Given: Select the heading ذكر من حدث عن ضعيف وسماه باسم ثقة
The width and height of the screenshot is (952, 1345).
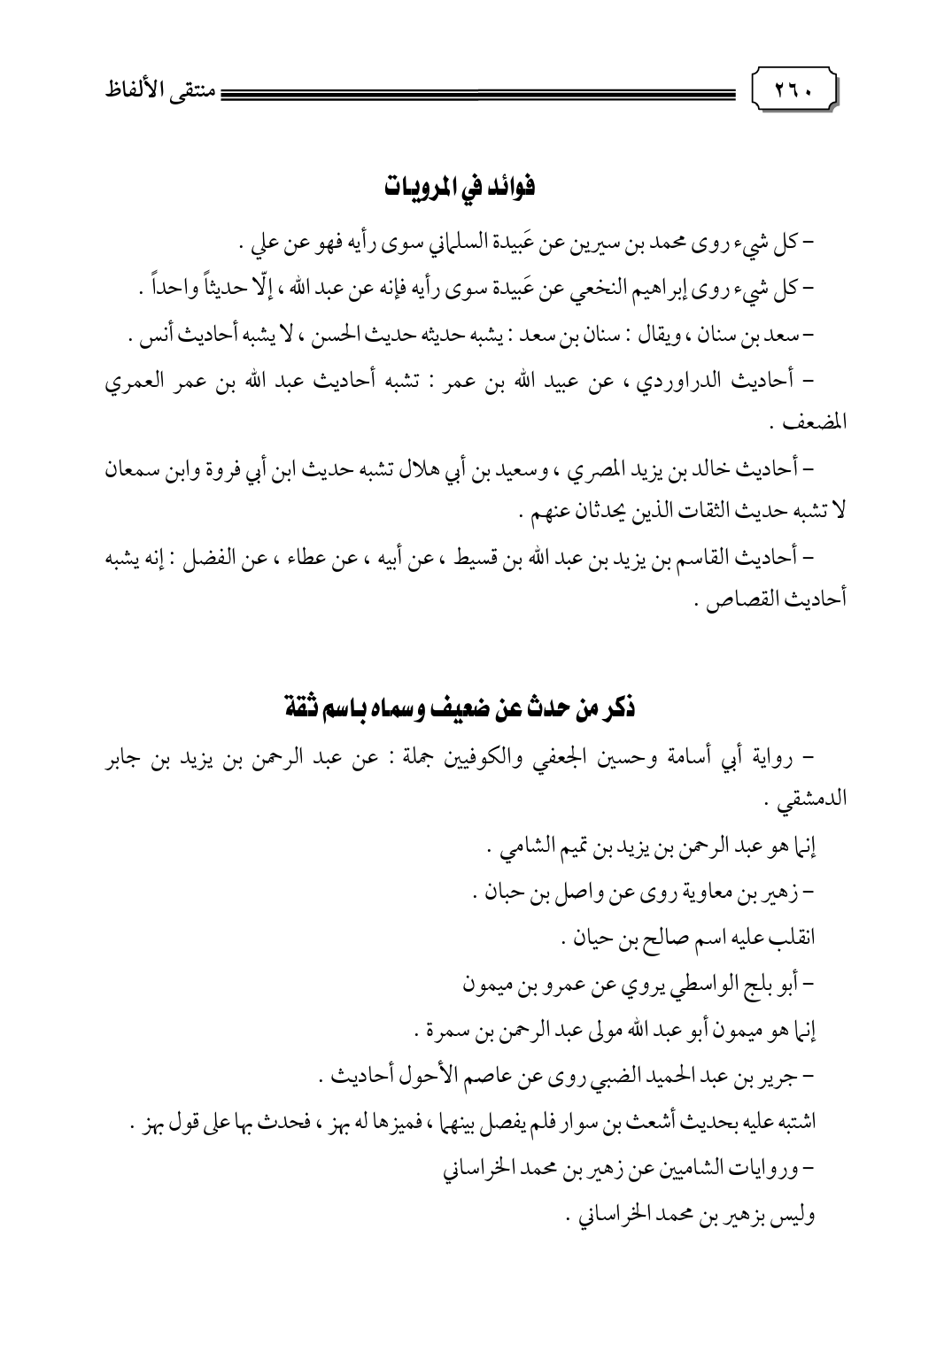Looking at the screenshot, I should pyautogui.click(x=461, y=710).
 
